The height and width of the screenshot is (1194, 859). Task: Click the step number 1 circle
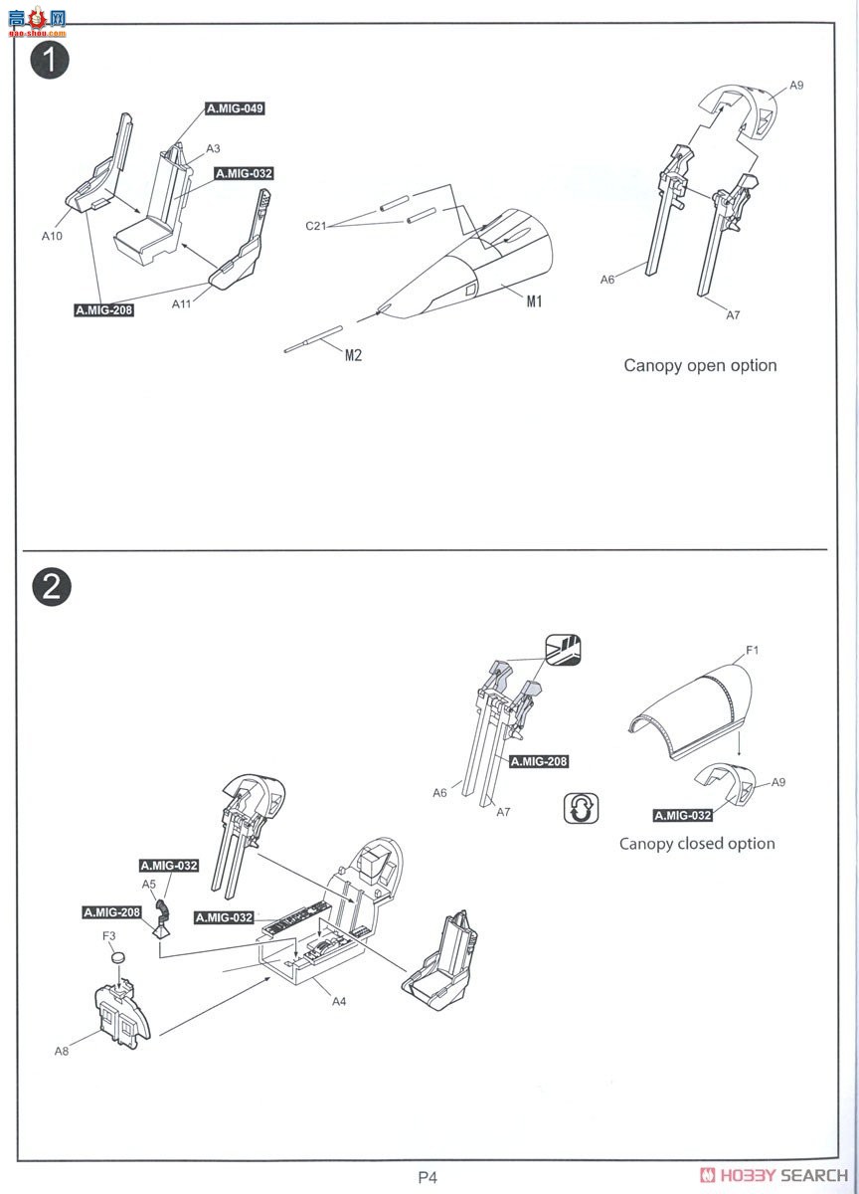[51, 60]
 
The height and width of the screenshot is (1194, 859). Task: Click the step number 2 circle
[51, 586]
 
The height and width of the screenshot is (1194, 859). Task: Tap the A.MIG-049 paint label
[236, 108]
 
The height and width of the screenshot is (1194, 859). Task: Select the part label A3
[213, 148]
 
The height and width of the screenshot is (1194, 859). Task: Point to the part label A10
[52, 237]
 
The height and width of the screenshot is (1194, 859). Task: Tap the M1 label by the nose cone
[534, 301]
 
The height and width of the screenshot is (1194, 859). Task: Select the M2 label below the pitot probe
[353, 355]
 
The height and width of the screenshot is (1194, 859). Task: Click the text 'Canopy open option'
[700, 365]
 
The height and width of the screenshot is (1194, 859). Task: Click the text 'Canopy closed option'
[697, 843]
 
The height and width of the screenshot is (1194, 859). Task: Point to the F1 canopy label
[753, 651]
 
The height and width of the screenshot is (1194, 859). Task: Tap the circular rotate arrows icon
[581, 808]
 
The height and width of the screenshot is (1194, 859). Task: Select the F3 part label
[109, 935]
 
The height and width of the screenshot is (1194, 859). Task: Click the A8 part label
[62, 1050]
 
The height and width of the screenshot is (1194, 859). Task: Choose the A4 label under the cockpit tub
[338, 1001]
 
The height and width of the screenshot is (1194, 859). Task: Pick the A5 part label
[149, 884]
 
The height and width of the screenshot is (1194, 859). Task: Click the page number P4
[428, 1178]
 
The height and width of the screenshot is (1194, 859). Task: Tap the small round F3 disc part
[119, 956]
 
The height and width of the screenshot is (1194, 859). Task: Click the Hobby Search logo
[773, 1175]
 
